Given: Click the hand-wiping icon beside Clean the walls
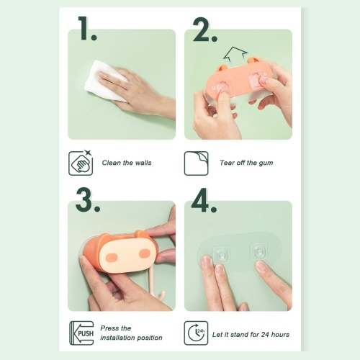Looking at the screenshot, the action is [x=81, y=163].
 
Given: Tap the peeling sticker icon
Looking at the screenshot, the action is [x=196, y=163].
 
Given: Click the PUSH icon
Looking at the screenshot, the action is [x=81, y=333].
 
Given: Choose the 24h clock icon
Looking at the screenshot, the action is [x=196, y=333].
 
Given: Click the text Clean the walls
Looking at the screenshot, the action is [x=127, y=163].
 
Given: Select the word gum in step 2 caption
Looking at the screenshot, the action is [x=266, y=163].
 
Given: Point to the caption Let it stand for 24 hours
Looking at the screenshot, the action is [x=251, y=334].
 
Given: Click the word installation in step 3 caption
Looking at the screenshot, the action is [x=115, y=338].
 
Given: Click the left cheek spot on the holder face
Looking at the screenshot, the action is [x=111, y=257].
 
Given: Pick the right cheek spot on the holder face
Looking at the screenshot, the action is [x=145, y=253].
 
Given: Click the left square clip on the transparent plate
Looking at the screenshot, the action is [x=221, y=254].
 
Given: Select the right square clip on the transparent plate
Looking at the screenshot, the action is [x=258, y=251].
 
